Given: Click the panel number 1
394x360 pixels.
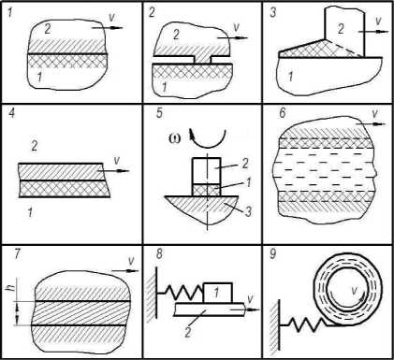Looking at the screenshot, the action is click(10, 14).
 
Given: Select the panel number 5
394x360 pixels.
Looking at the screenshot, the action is click(159, 112).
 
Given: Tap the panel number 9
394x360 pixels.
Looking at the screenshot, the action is click(272, 253).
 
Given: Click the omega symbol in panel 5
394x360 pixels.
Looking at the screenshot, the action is click(173, 138).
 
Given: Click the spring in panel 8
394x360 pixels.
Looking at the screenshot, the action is click(183, 294).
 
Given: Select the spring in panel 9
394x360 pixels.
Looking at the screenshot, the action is click(306, 324).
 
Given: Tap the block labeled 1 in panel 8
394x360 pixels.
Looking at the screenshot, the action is click(218, 293).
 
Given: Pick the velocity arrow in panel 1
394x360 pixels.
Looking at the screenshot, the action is click(108, 28).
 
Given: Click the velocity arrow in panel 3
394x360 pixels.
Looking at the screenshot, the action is click(373, 32).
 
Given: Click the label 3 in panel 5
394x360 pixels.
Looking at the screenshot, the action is click(248, 212).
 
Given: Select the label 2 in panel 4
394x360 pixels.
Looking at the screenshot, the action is click(35, 146).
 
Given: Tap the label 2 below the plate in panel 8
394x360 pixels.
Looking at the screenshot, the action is click(187, 333).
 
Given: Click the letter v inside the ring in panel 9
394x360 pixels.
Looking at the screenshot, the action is click(354, 291).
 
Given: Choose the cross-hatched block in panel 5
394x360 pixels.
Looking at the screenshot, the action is click(207, 190).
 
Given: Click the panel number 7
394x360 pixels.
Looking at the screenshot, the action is click(17, 254).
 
